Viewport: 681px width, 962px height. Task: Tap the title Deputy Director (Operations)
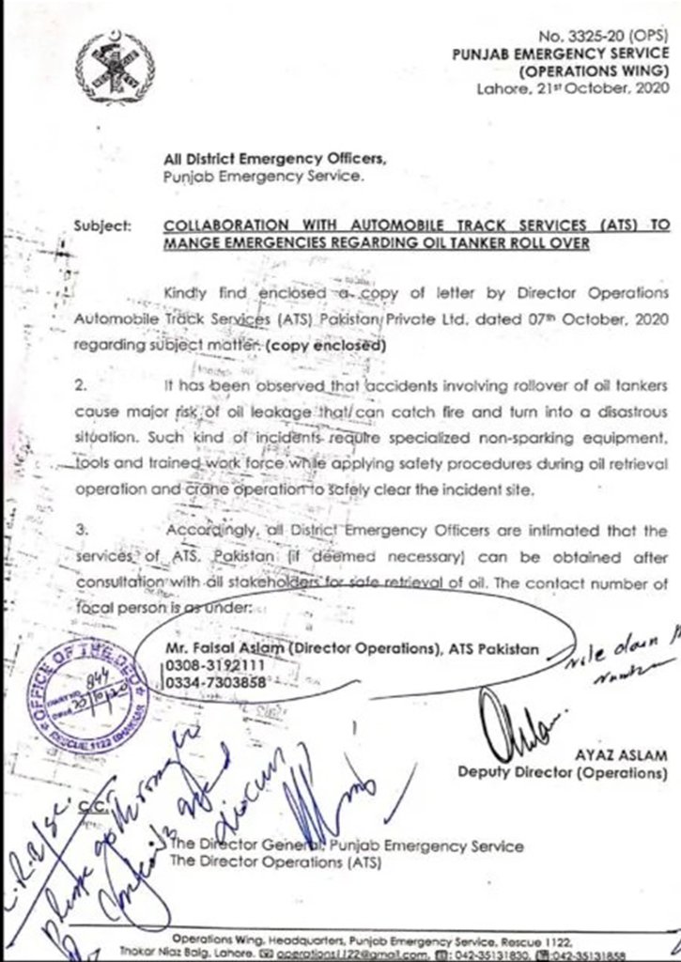coord(563,773)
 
